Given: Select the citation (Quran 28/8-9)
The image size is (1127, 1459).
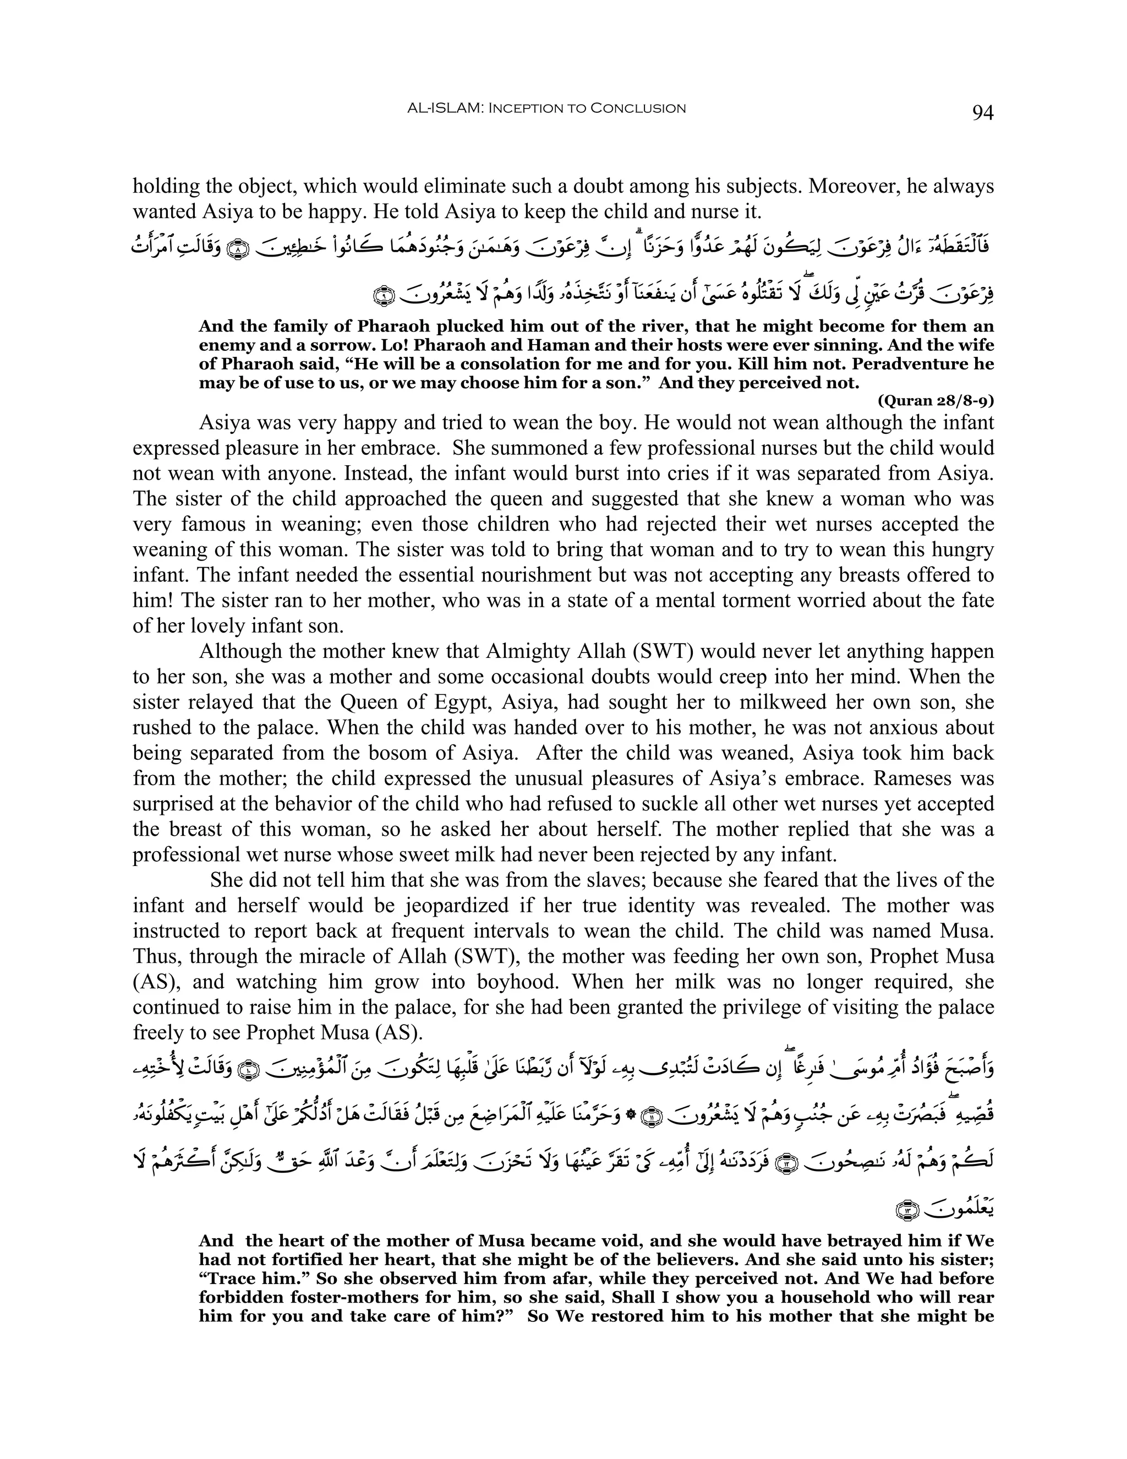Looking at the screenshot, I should click(x=935, y=401).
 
